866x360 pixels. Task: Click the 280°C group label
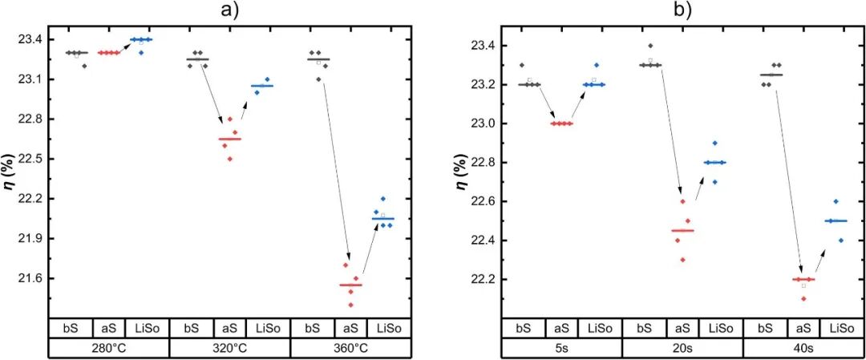click(x=108, y=348)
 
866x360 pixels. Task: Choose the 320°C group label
click(x=229, y=348)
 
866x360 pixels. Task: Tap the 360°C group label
click(x=350, y=348)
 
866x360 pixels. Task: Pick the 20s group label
click(x=682, y=348)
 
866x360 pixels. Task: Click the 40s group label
click(x=803, y=348)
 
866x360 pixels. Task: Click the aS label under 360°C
click(x=350, y=328)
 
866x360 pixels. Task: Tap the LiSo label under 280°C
click(x=148, y=328)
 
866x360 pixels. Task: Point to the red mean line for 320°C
click(x=229, y=139)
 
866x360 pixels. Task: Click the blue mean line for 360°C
click(x=382, y=218)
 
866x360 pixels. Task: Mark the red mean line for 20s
click(x=682, y=230)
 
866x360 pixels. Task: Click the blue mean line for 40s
click(x=836, y=220)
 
